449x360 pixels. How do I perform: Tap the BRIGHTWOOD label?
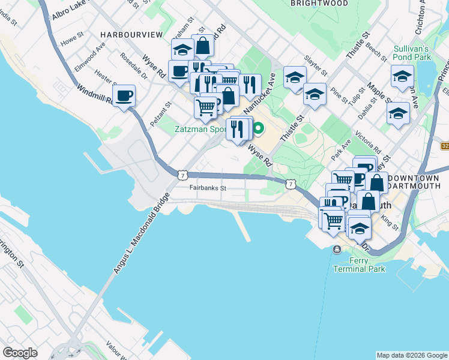(x=320, y=3)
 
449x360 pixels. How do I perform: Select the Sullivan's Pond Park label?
(x=412, y=52)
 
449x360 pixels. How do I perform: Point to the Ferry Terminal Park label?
(x=367, y=265)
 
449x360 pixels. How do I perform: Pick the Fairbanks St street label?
(x=207, y=188)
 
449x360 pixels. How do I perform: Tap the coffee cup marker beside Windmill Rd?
(x=124, y=96)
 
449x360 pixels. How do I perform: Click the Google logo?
(x=20, y=353)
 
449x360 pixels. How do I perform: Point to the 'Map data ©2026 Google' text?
(x=411, y=355)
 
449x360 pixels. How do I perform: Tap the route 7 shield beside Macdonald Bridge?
(x=181, y=174)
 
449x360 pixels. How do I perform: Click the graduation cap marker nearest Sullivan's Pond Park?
(x=402, y=76)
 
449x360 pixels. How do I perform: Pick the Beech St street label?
(x=376, y=53)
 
